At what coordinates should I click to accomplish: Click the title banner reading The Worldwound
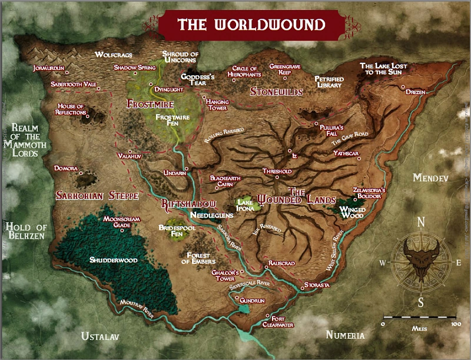251,25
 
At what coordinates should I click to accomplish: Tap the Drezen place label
415,93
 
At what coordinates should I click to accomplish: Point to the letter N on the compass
421,222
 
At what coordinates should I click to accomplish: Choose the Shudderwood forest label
113,260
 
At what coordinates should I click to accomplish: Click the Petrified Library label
329,82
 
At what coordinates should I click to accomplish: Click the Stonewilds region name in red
276,92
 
